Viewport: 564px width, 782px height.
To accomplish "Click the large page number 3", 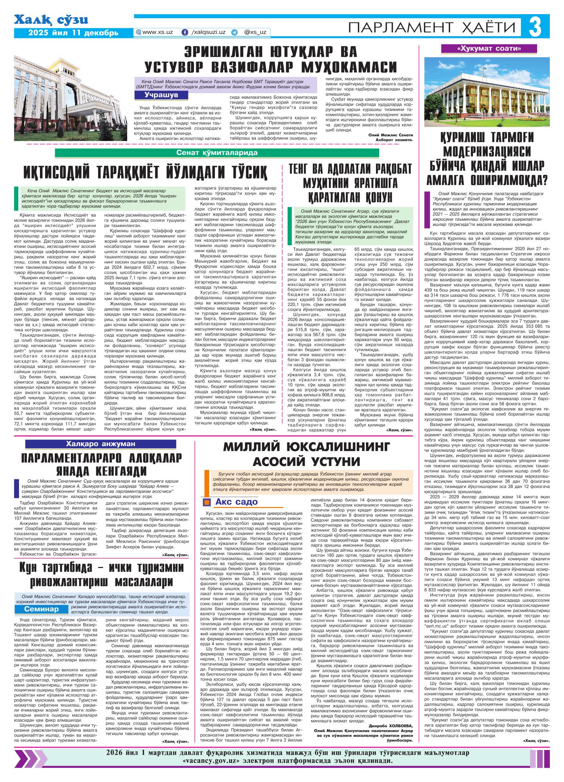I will click(535, 28).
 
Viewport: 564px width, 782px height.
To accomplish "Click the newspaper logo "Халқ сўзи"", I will click(51, 20).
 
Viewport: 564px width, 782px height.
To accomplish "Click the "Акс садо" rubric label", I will click(236, 501).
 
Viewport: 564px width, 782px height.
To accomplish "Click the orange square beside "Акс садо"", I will click(206, 502).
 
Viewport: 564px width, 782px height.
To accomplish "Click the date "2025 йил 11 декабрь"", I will click(74, 32).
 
